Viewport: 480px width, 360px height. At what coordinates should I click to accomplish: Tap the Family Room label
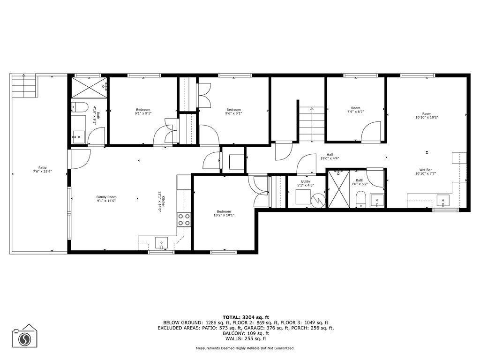tap(106, 199)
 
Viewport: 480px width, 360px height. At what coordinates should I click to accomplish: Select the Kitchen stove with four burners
tap(184, 219)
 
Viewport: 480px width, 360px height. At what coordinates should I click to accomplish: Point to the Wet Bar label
tap(426, 172)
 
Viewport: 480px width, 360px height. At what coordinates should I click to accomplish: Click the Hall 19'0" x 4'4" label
tap(330, 156)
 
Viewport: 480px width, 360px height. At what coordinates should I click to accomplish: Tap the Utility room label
tap(306, 183)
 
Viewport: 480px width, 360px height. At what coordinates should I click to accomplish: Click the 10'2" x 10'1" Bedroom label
tap(224, 213)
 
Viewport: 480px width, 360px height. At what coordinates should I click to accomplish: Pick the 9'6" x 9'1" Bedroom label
tap(233, 111)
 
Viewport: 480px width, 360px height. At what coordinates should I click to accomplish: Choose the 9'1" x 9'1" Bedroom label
tap(143, 111)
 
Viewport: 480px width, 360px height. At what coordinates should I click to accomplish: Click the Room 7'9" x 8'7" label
tap(356, 110)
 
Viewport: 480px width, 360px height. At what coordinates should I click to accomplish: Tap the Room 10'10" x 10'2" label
tap(427, 115)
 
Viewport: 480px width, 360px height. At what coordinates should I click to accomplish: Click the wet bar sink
tap(442, 202)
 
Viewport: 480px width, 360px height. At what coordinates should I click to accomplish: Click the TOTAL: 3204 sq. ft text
tap(246, 317)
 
